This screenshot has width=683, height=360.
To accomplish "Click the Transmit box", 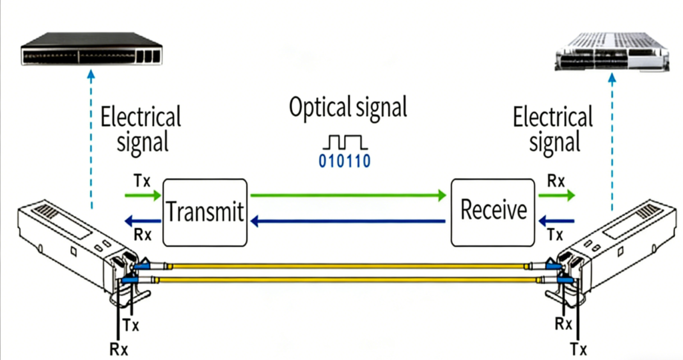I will pos(205,212).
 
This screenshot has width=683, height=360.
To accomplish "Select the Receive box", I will pos(493,211).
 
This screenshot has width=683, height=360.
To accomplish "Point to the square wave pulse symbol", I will pos(344,141).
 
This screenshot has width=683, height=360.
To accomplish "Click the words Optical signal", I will pos(348,108).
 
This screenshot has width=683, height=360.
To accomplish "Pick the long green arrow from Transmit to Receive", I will pos(347,195).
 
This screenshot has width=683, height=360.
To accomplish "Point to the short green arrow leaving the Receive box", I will pos(556,195).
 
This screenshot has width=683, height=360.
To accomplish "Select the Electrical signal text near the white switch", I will pos(553,130).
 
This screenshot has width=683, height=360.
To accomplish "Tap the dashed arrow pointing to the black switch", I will pos(91,140).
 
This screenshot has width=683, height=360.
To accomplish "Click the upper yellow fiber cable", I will pos(347,266).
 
